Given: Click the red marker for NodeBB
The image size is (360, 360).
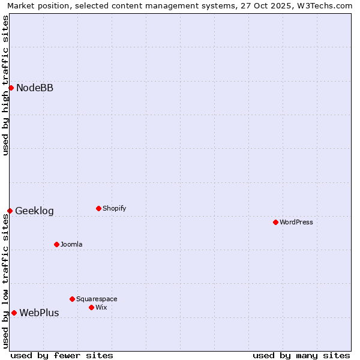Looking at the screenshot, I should point(11,88).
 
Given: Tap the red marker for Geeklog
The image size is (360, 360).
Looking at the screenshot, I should point(10,211).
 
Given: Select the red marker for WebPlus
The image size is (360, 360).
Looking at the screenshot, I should point(14,313).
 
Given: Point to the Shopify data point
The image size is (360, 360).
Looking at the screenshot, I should point(98,208).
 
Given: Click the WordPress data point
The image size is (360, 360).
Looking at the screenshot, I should point(275,222).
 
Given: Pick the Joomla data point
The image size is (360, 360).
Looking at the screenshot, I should point(56,244).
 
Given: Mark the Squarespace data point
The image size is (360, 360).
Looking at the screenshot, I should point(72,299).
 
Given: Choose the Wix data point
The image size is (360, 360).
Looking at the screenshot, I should point(91,307).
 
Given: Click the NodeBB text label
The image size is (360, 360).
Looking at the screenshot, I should point(35,88).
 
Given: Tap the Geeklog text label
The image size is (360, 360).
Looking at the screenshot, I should point(34,211).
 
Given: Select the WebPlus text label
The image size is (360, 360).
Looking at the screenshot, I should point(39,313).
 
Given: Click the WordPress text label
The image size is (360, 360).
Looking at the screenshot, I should point(296,223).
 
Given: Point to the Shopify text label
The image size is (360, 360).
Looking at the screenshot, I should point(114,209).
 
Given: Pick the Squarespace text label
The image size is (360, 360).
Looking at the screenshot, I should point(97,299).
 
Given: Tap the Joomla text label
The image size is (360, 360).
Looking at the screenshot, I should point(71,245).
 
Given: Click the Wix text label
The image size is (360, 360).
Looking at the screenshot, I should point(101,308).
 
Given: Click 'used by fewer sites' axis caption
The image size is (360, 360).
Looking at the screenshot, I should point(62,355).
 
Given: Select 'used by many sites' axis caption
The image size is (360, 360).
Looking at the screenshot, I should point(301,355).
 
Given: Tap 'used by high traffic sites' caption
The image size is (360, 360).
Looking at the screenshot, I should point(5,85).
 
